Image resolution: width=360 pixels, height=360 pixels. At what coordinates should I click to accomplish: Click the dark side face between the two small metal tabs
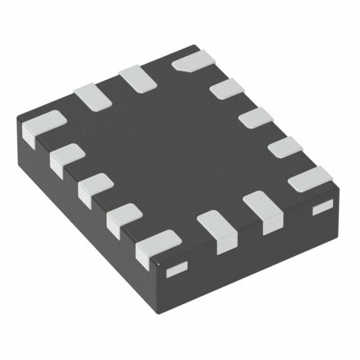coord(247,247)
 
